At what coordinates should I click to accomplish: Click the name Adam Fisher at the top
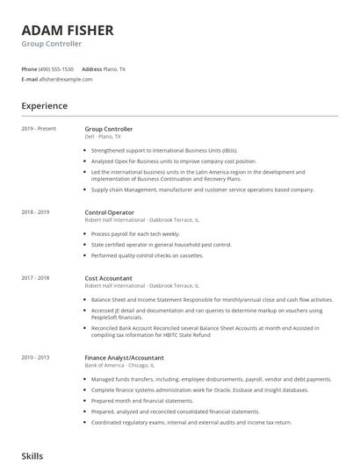(x=68, y=31)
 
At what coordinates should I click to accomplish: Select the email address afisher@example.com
(x=66, y=79)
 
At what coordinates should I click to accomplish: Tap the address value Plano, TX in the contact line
(x=116, y=68)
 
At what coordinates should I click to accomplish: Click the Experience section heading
(x=44, y=106)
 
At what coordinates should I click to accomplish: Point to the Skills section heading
(x=32, y=456)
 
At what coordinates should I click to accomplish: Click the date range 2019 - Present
(x=40, y=129)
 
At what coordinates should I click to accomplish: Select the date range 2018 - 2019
(x=37, y=212)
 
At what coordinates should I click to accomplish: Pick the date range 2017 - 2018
(x=37, y=277)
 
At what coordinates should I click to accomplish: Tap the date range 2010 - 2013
(x=37, y=358)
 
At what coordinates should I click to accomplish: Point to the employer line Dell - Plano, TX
(x=103, y=137)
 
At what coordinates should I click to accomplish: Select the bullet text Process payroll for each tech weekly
(x=134, y=234)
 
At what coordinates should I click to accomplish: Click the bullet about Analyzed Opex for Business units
(x=173, y=161)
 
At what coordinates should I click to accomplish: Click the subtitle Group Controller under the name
(x=52, y=44)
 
